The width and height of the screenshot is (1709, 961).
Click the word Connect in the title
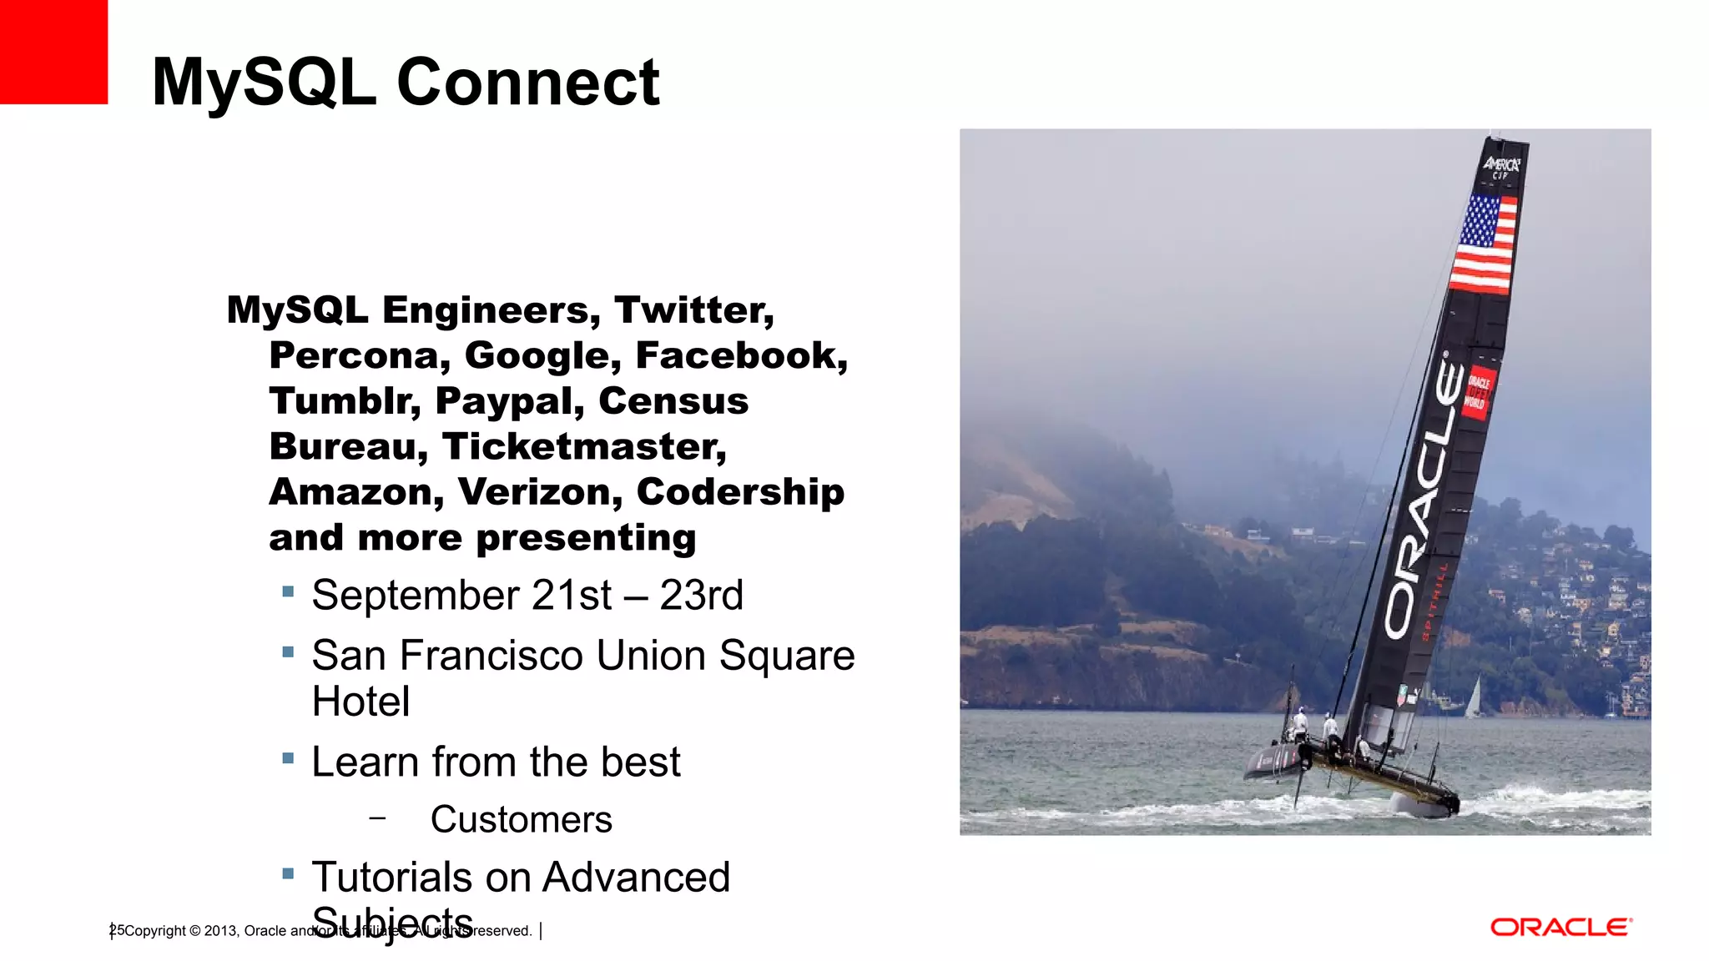(527, 82)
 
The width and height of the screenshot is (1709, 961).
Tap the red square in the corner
(53, 52)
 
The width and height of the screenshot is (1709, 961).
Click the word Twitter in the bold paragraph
(693, 310)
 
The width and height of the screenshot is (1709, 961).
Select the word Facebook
(740, 356)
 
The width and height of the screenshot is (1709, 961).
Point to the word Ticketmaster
(583, 447)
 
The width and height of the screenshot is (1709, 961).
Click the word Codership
(739, 492)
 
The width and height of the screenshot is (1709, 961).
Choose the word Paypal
(509, 401)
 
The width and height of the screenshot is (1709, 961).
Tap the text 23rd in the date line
(701, 596)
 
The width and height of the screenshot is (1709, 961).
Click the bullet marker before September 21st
(288, 592)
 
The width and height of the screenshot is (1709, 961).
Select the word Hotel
(360, 702)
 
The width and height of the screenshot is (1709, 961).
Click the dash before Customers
(377, 818)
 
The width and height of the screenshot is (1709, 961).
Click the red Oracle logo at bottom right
(1560, 928)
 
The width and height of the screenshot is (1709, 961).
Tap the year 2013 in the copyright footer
(220, 931)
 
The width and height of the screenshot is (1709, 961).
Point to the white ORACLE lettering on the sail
(1424, 501)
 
